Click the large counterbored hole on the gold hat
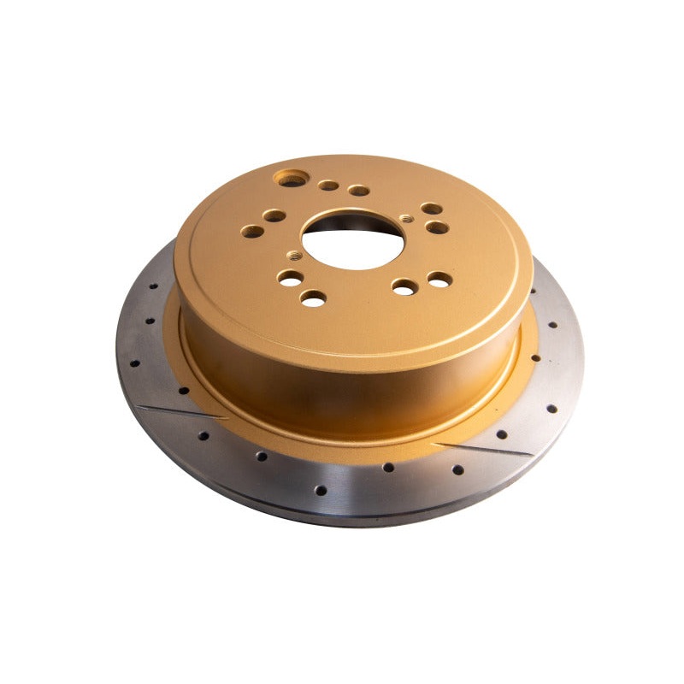point(292,179)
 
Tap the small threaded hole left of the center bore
point(294,254)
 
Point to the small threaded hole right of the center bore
point(406,218)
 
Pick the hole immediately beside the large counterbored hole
point(328,185)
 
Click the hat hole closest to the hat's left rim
point(252,230)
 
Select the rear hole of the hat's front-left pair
point(291,278)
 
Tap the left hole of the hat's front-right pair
point(403,288)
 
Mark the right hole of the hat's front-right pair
point(439,279)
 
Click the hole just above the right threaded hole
point(432,209)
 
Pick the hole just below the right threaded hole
point(437,227)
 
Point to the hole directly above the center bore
point(359,190)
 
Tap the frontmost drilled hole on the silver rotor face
point(321,491)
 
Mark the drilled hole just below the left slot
point(203,435)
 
